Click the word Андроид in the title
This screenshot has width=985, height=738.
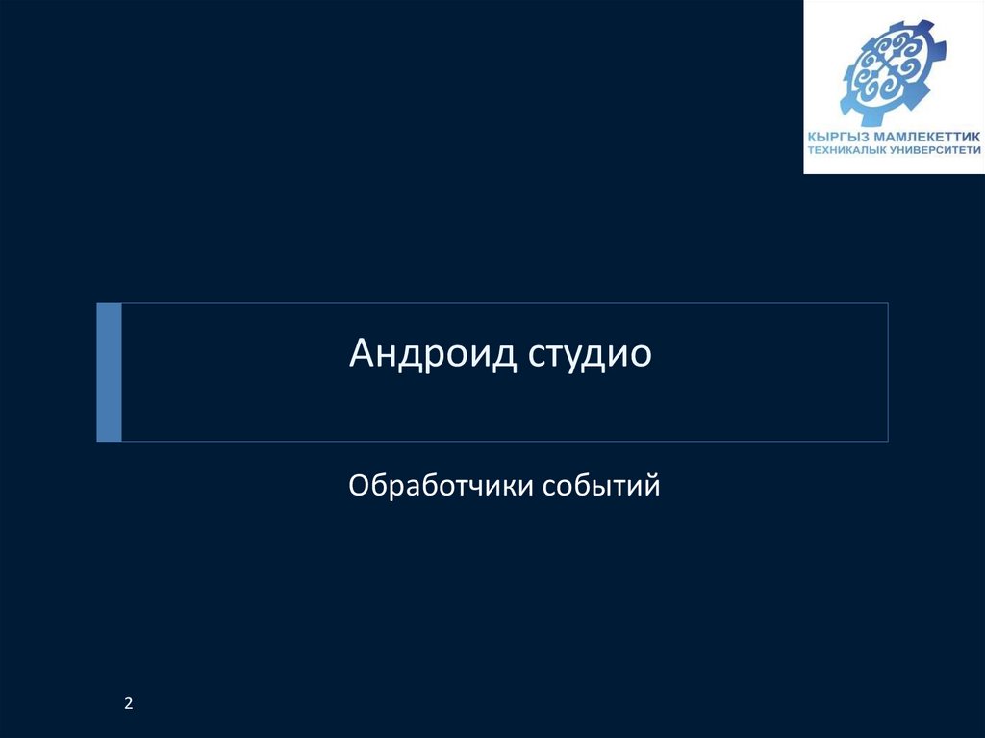(x=433, y=354)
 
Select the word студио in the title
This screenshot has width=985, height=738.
(x=590, y=354)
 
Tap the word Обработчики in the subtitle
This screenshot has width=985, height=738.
(x=442, y=486)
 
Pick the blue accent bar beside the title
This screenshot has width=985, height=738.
(x=110, y=371)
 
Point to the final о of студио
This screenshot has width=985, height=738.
(x=641, y=356)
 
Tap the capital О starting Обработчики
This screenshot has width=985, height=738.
(x=358, y=486)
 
